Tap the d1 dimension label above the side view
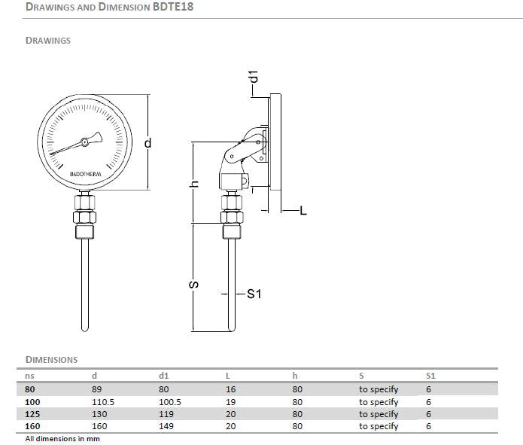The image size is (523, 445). (x=254, y=76)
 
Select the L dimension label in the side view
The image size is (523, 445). (x=303, y=212)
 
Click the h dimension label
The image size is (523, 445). (x=193, y=183)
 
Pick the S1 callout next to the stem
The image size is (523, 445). (x=253, y=294)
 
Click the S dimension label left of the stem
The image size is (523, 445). (x=193, y=285)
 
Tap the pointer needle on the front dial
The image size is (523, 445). (x=75, y=144)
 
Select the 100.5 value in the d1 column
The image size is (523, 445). (x=169, y=402)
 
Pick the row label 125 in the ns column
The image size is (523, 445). (x=32, y=414)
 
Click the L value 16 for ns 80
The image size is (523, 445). (x=230, y=389)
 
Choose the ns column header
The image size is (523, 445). (x=29, y=375)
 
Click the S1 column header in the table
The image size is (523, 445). (x=430, y=375)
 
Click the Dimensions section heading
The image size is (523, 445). (x=51, y=359)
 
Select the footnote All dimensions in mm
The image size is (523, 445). (x=62, y=438)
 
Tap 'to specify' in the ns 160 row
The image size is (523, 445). (x=378, y=426)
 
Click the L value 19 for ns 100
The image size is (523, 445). (x=230, y=402)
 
